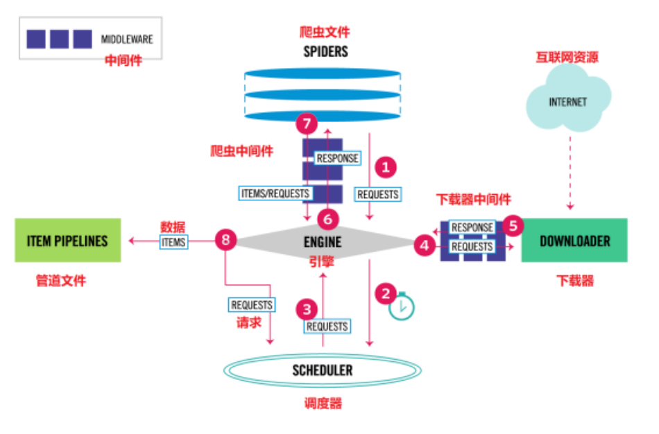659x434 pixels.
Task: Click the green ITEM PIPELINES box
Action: pyautogui.click(x=67, y=241)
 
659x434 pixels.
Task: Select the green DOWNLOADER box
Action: pyautogui.click(x=574, y=241)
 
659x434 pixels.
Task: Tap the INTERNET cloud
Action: pyautogui.click(x=567, y=102)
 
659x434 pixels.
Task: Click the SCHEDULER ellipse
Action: pyautogui.click(x=322, y=370)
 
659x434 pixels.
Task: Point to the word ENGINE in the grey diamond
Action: pyautogui.click(x=322, y=241)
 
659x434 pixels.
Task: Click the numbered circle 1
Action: pyautogui.click(x=385, y=167)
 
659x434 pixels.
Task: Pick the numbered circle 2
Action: pyautogui.click(x=385, y=293)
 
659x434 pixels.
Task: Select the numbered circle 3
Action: pyautogui.click(x=306, y=307)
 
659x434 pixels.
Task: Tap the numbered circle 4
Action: pyautogui.click(x=425, y=244)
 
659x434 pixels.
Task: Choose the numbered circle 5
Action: pyautogui.click(x=513, y=225)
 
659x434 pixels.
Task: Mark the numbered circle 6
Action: pyautogui.click(x=328, y=219)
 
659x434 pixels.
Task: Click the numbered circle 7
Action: pyautogui.click(x=306, y=125)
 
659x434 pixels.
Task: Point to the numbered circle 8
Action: pyautogui.click(x=225, y=241)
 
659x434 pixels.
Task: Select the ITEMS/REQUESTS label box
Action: pyautogui.click(x=274, y=193)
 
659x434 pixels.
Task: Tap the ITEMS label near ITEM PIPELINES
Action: pyautogui.click(x=173, y=241)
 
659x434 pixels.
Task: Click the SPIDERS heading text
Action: pyautogui.click(x=325, y=51)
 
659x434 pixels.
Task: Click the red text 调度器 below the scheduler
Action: pyautogui.click(x=323, y=403)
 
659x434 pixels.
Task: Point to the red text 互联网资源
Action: pyautogui.click(x=567, y=58)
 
